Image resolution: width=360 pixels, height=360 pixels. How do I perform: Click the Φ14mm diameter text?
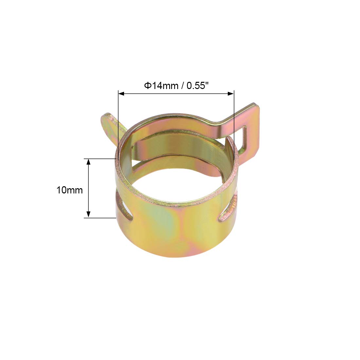161,86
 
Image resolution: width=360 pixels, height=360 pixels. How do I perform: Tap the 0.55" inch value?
197,86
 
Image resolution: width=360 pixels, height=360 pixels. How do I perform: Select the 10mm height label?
70,190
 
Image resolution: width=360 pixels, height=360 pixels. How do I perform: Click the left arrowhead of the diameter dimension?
121,94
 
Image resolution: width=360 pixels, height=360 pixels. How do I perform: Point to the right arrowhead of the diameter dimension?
231,94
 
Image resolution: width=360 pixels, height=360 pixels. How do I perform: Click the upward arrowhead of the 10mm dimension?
88,162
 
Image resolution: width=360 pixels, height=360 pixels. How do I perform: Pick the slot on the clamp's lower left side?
124,206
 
